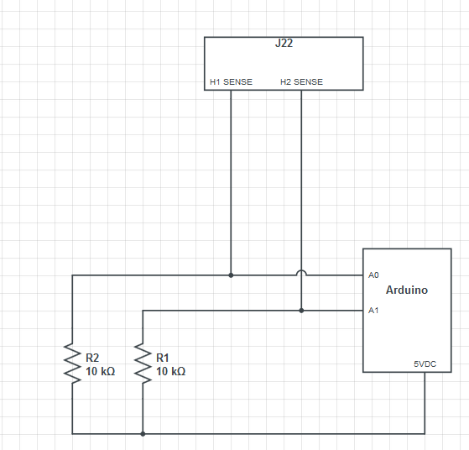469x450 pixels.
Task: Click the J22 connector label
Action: coord(284,43)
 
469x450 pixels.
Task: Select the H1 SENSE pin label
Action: coord(231,82)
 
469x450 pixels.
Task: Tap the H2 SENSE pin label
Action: coord(301,82)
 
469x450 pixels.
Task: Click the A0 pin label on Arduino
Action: coord(373,275)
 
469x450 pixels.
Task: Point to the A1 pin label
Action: coord(373,311)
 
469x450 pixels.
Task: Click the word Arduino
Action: coord(407,290)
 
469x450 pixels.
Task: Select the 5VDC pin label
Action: coord(425,364)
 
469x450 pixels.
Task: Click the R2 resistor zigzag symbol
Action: coord(72,364)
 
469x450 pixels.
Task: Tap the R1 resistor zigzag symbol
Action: coord(143,364)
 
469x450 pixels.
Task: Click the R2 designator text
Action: coord(92,358)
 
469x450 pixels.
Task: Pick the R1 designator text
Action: coord(163,358)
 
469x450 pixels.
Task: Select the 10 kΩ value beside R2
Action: coord(100,372)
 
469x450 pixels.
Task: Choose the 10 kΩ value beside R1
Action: coord(171,372)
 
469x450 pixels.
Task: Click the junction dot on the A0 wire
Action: coord(231,275)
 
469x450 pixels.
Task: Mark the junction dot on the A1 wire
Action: coord(301,311)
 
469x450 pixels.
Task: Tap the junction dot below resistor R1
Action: coord(143,434)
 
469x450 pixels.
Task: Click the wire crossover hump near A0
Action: coord(301,270)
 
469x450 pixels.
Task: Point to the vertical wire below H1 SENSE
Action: coord(231,183)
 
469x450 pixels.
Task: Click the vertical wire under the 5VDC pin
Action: coord(425,403)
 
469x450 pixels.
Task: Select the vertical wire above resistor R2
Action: coord(72,309)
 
